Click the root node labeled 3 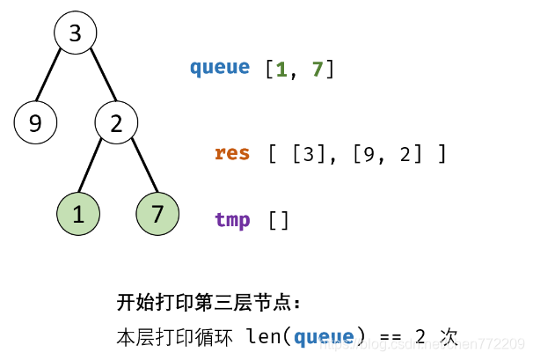click(x=75, y=33)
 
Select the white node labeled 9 click(x=35, y=123)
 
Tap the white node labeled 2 click(x=116, y=123)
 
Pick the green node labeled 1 click(x=78, y=214)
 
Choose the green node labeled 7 click(x=158, y=214)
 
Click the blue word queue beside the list click(x=219, y=68)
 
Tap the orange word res click(x=232, y=153)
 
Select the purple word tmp click(x=232, y=220)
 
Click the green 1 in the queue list click(x=281, y=69)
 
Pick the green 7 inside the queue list click(x=318, y=69)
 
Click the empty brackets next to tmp click(x=278, y=220)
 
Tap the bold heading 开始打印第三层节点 click(x=208, y=303)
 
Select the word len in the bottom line click(x=263, y=336)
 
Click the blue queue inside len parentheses click(x=324, y=336)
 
